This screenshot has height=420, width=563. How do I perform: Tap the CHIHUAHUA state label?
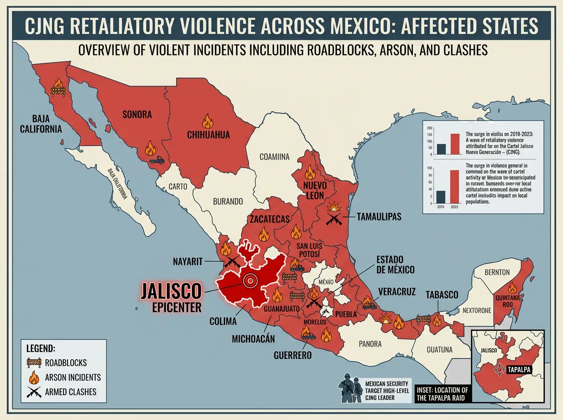(208, 135)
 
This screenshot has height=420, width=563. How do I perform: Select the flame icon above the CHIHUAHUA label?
(207, 121)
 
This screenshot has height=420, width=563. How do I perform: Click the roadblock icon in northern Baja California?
(58, 87)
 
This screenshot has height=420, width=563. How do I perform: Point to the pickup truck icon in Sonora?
(156, 160)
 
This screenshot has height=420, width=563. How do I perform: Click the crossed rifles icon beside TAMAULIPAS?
(334, 218)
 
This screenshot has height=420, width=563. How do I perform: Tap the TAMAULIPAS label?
(380, 217)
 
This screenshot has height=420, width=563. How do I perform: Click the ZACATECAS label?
(270, 219)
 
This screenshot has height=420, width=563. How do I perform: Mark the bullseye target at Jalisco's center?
(250, 280)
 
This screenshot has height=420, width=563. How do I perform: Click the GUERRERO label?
(293, 355)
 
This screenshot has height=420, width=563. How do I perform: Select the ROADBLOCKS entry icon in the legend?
(34, 362)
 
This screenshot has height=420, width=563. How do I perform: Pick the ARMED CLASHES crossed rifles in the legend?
(34, 392)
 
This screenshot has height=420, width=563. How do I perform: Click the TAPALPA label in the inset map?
(519, 370)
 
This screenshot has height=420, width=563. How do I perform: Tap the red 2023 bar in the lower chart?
(454, 186)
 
